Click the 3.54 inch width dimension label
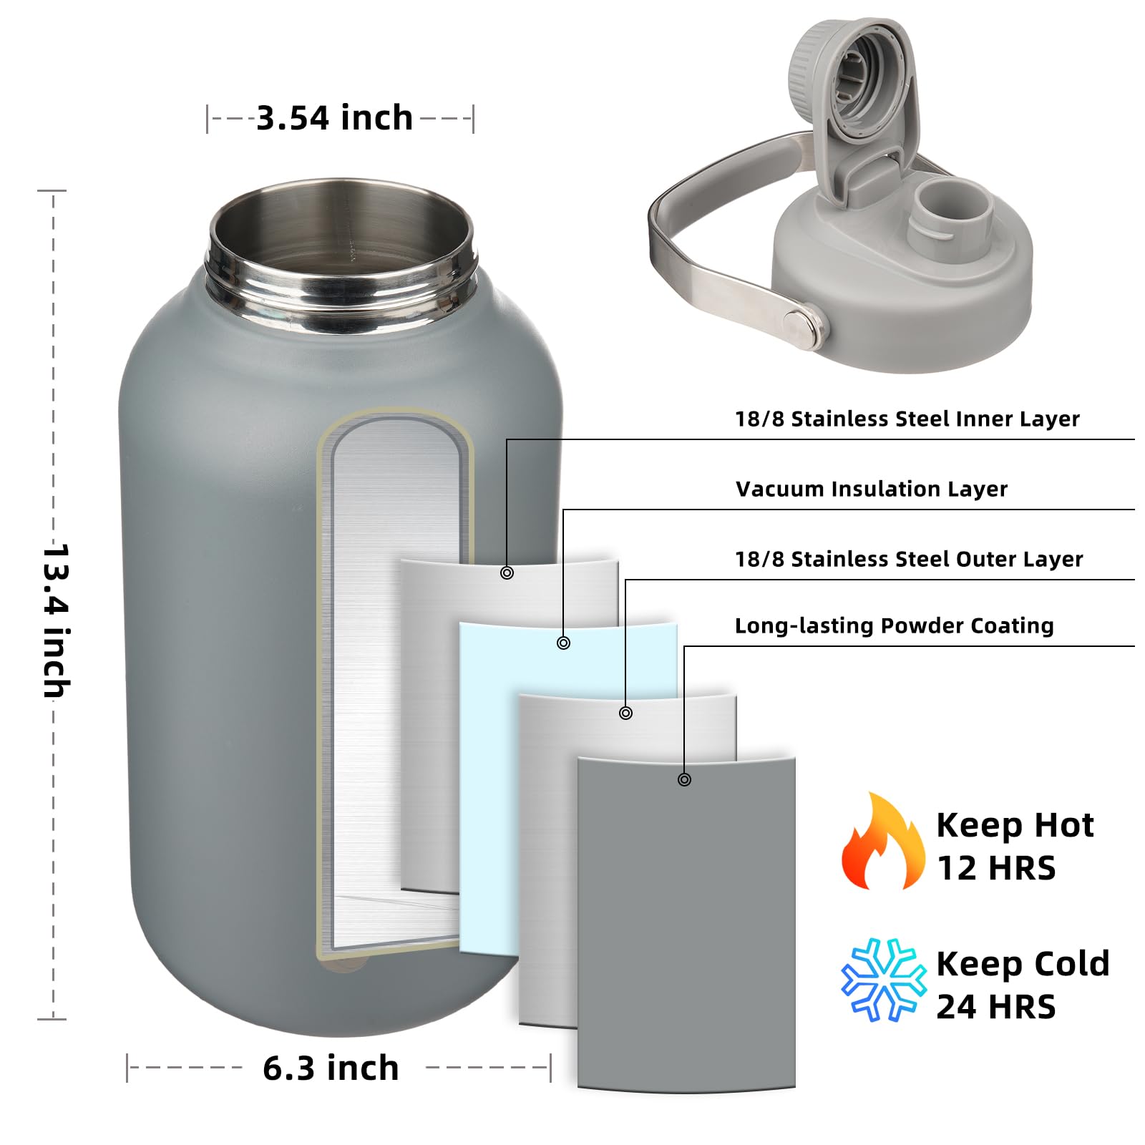click(x=334, y=118)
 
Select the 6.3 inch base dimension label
click(x=331, y=1068)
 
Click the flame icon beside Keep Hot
click(x=881, y=844)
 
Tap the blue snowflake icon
click(x=881, y=979)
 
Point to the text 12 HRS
click(x=995, y=869)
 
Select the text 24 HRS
click(x=995, y=1008)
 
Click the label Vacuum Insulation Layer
click(x=871, y=489)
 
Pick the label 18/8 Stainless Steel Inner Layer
click(x=907, y=419)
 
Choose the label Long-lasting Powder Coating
click(x=894, y=626)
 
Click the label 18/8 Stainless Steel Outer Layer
click(x=909, y=560)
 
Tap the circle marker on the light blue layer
click(x=563, y=643)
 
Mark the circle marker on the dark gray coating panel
click(x=684, y=779)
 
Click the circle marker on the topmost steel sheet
click(x=507, y=572)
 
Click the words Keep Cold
click(x=1022, y=965)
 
